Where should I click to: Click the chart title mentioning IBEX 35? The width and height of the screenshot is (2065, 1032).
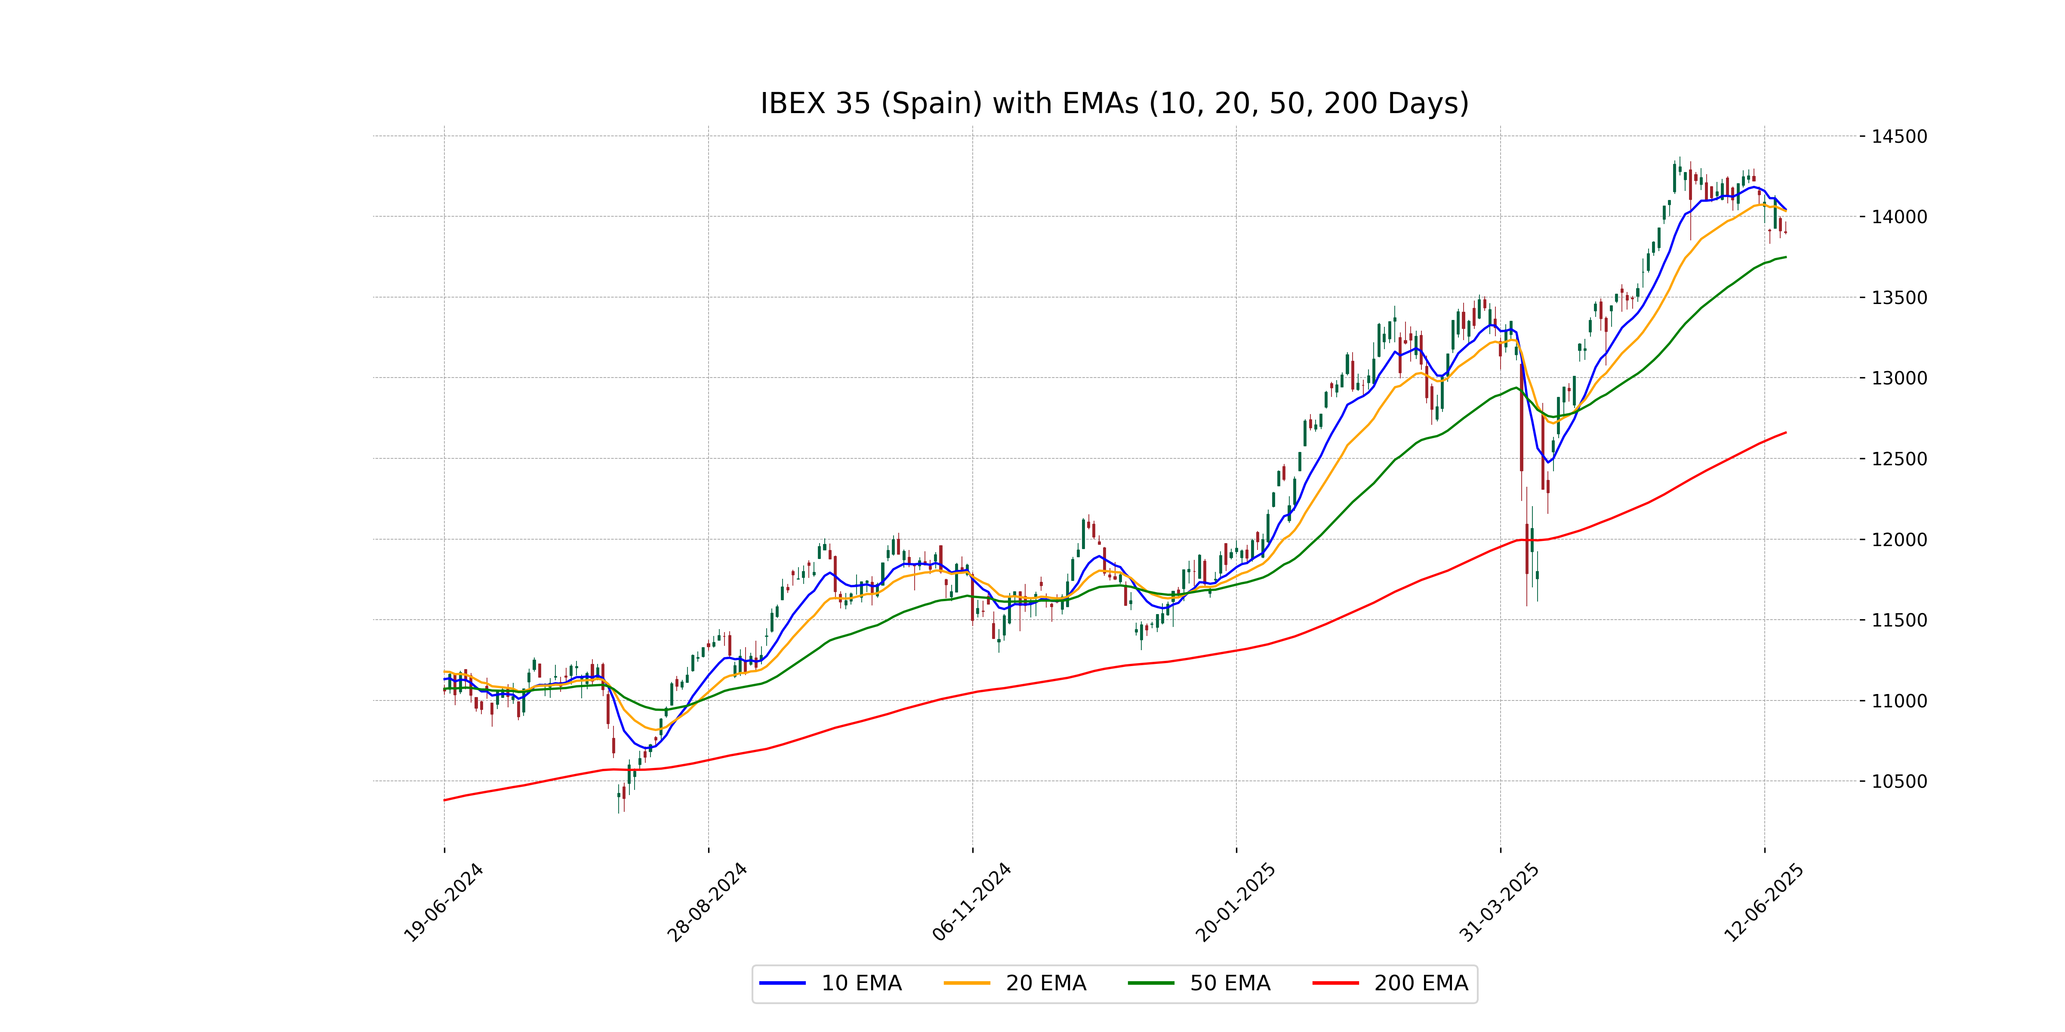click(1114, 103)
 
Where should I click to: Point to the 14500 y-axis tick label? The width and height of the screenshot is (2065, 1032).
click(1898, 136)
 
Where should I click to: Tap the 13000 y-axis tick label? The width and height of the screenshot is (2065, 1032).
click(1898, 378)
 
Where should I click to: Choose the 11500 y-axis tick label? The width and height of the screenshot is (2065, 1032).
click(1898, 620)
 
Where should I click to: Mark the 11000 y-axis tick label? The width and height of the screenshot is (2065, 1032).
click(1898, 701)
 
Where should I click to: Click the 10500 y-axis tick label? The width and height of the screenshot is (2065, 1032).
click(1898, 781)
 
